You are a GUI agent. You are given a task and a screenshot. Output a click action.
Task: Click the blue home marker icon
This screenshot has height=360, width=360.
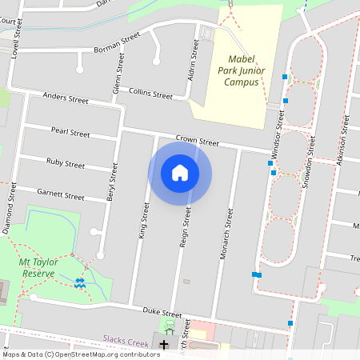[x=180, y=173]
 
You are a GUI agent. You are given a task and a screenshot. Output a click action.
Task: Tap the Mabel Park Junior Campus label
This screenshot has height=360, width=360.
[x=247, y=70]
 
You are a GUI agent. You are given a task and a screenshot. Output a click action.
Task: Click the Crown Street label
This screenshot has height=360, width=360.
[x=197, y=140]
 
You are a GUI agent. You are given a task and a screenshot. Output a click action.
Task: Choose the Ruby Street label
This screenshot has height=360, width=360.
[x=66, y=163]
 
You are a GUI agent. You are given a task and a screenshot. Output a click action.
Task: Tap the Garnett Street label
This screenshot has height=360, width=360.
[x=61, y=195]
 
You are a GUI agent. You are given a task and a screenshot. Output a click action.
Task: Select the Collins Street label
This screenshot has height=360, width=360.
[x=150, y=94]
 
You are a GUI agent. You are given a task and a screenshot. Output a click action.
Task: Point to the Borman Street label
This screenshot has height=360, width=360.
[x=117, y=42]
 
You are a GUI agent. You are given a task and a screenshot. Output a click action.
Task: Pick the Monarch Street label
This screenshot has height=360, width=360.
[x=225, y=234]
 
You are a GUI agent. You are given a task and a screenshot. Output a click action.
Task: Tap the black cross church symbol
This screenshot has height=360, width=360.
[x=164, y=345]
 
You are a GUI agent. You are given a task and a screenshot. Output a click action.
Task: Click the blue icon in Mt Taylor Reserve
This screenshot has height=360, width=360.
[x=79, y=282]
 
